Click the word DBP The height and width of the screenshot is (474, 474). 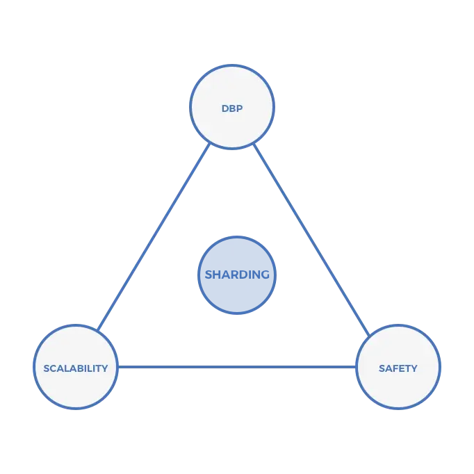point(232,108)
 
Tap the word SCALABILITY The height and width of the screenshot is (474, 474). point(75,368)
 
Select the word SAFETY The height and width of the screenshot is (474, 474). point(398,368)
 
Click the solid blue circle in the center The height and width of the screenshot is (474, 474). point(237,275)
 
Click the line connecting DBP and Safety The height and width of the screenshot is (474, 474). point(311,236)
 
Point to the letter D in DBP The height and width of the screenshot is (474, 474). point(225,108)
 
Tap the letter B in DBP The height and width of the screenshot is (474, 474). point(232,108)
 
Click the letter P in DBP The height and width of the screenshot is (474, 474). point(240,108)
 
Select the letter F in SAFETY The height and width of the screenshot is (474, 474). point(394,368)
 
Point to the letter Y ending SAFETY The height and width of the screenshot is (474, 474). point(414,368)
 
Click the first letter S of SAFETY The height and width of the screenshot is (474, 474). point(382,368)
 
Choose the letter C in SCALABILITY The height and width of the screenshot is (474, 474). point(53,368)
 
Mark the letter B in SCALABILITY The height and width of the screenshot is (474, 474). point(80,368)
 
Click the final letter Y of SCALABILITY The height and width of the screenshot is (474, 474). point(104,368)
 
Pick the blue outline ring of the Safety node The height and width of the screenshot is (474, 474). point(439,366)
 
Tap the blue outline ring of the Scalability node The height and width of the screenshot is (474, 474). point(35,366)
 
